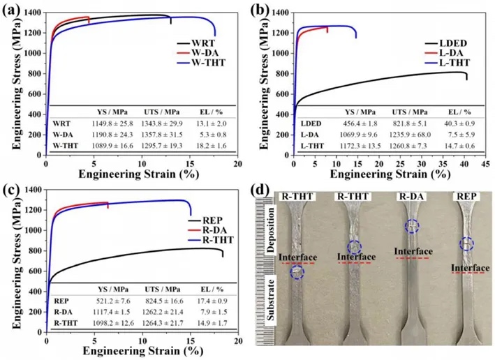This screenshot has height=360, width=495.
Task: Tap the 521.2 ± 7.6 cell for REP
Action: (x=102, y=300)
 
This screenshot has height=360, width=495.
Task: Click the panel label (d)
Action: (x=262, y=190)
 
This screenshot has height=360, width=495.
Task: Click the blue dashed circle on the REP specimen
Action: (x=466, y=243)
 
